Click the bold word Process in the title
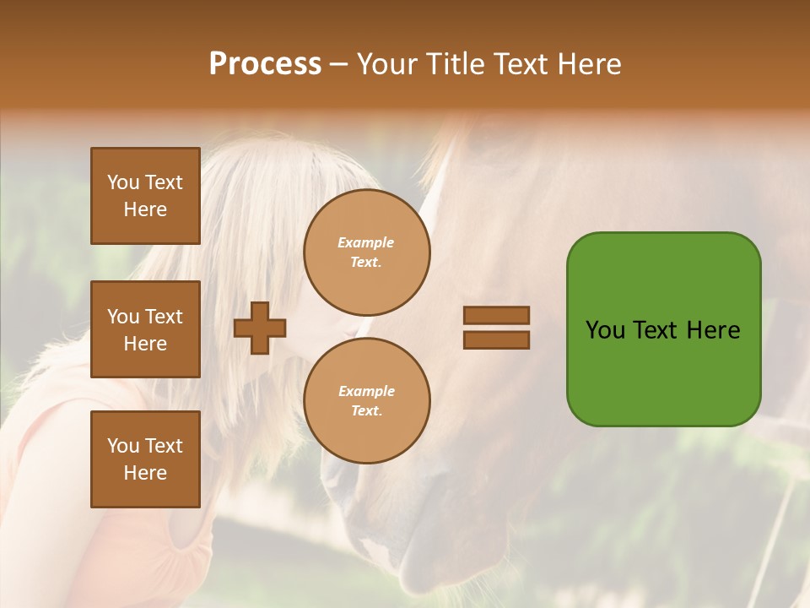[x=265, y=64]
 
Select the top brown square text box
[x=145, y=196]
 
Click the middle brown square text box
[x=145, y=329]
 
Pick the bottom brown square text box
[x=145, y=459]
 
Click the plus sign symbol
[x=260, y=328]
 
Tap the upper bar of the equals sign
[x=496, y=315]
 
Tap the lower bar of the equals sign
[x=496, y=339]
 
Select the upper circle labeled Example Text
[x=366, y=252]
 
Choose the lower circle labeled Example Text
[x=366, y=400]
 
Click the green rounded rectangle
[x=663, y=329]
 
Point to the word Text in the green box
[x=656, y=330]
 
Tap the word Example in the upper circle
[x=366, y=242]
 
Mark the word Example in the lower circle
[x=366, y=391]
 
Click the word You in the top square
[x=123, y=182]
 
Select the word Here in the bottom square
[x=145, y=473]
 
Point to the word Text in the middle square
[x=164, y=317]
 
